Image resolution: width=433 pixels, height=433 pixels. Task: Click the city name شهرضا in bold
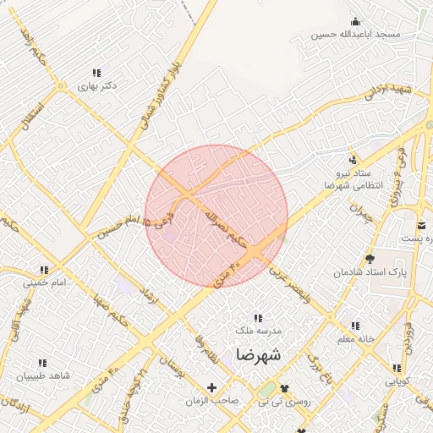258,354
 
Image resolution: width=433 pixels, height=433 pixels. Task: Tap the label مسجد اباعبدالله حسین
354,35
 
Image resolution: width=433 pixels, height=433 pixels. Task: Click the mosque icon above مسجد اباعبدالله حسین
354,21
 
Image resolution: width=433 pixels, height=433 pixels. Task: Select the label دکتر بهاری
96,86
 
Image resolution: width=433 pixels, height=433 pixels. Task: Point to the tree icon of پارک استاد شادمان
370,259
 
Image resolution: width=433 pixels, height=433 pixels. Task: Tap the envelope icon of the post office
422,225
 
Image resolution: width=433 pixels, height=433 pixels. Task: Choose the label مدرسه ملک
258,331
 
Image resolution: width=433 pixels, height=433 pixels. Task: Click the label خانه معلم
355,339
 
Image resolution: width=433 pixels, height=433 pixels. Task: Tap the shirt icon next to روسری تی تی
283,388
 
